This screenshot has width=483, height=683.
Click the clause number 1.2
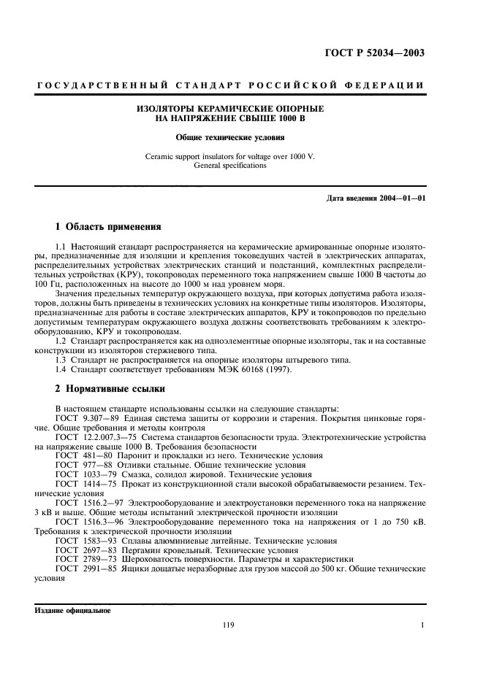tap(61, 340)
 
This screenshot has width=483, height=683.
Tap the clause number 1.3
tap(61, 359)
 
